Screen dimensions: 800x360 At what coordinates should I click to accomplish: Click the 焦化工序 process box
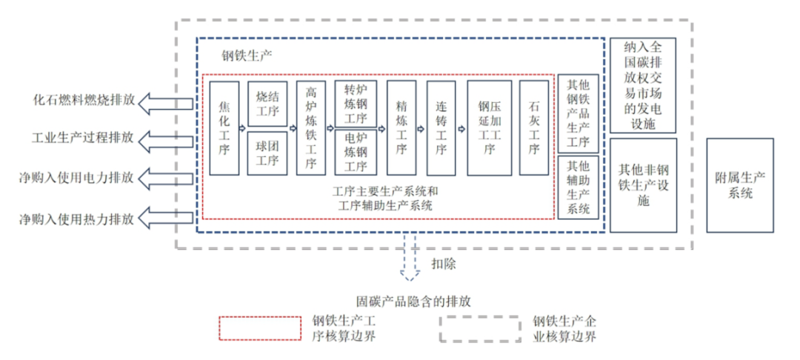[x=224, y=128]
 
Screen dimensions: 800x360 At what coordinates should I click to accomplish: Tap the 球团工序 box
[x=267, y=153]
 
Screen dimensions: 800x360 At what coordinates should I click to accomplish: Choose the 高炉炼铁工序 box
[x=311, y=128]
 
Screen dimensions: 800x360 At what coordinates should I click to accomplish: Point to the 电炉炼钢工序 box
[x=356, y=153]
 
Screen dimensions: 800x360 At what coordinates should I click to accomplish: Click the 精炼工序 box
[x=401, y=128]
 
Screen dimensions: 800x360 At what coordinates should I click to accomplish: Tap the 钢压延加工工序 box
[x=489, y=128]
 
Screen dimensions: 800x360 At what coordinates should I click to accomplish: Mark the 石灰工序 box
[x=534, y=128]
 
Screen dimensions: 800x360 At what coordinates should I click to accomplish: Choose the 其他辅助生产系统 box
[x=578, y=188]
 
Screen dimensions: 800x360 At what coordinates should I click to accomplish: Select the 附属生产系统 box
[x=739, y=185]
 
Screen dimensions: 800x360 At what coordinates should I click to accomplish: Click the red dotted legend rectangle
[x=256, y=328]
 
